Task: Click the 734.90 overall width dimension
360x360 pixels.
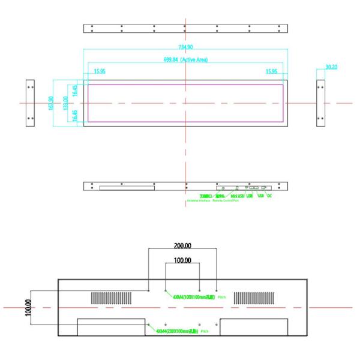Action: [185, 47]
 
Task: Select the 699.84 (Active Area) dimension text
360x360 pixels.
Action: [185, 60]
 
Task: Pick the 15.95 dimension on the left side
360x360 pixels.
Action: [101, 72]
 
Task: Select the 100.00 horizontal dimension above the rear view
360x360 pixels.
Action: [182, 261]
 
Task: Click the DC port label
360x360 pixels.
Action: [269, 196]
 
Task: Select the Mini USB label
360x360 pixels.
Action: [237, 196]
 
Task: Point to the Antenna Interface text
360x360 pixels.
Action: [199, 200]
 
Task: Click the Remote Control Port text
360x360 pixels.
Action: [225, 200]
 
